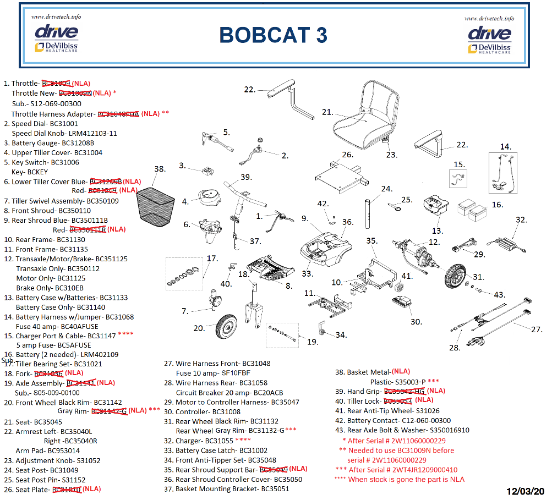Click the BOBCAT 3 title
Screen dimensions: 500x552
273,35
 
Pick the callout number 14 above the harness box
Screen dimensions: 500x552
505,146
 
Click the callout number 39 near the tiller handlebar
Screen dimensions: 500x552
245,177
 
